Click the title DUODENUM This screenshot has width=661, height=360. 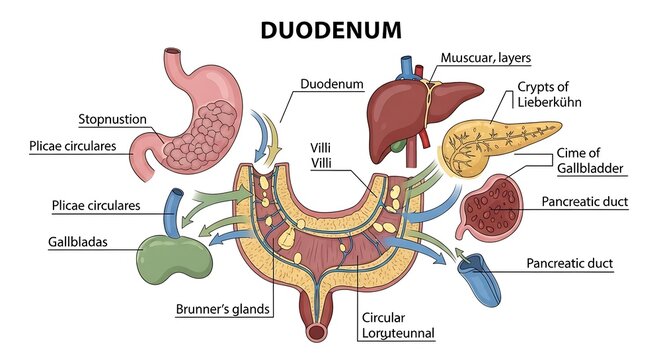coord(331,30)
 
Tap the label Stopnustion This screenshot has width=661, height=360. coord(113,119)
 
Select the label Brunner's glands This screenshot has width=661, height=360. coord(223,309)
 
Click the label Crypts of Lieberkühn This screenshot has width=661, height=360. coord(549,94)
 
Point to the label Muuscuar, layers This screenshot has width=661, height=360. coord(486,57)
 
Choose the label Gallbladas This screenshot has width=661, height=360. coord(78,242)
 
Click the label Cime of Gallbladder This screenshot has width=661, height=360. coord(589,161)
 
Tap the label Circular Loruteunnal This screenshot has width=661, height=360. coord(398,325)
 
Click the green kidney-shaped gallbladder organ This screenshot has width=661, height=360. coord(174,259)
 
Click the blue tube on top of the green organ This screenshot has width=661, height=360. coord(174,213)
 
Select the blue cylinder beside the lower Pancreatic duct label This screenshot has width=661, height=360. coord(480,279)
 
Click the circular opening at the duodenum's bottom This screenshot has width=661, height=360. coord(317,333)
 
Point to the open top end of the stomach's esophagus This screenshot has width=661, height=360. coord(172,51)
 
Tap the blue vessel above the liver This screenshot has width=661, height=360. coord(407,68)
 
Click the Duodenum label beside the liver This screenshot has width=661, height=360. coord(332,84)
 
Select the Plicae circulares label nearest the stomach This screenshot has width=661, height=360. coord(73,146)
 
